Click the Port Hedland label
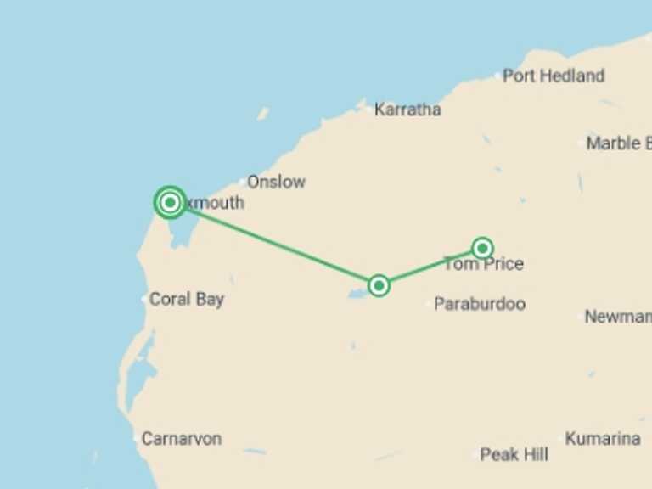click(x=554, y=76)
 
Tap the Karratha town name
click(x=407, y=110)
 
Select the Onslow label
click(x=276, y=182)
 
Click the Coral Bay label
click(x=187, y=299)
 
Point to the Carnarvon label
click(x=182, y=439)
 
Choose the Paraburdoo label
click(x=480, y=304)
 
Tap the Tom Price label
click(x=483, y=264)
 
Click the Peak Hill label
click(x=514, y=455)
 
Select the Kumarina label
click(x=603, y=439)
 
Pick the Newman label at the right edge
click(x=617, y=317)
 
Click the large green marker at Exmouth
click(x=171, y=202)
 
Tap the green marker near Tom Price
click(x=482, y=248)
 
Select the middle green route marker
click(x=379, y=285)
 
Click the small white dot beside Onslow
click(x=242, y=182)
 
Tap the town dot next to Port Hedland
click(x=497, y=76)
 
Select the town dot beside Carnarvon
click(x=136, y=439)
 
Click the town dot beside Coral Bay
click(x=144, y=299)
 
